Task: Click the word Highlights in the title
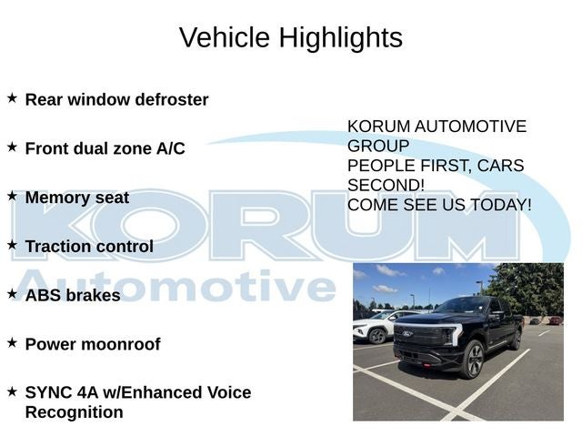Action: [x=341, y=38]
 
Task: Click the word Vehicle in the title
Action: [x=225, y=37]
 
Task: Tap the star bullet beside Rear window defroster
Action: [x=12, y=98]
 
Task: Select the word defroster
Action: [x=172, y=99]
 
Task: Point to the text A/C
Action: [x=171, y=148]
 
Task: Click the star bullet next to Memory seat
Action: [x=12, y=196]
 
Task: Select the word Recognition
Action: [x=75, y=412]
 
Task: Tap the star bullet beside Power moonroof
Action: [x=12, y=342]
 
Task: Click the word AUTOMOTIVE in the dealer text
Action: [x=470, y=127]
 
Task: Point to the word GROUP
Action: [x=378, y=146]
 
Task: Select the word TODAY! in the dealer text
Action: [x=501, y=205]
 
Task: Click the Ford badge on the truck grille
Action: [x=406, y=334]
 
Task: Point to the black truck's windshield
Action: [x=463, y=305]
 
